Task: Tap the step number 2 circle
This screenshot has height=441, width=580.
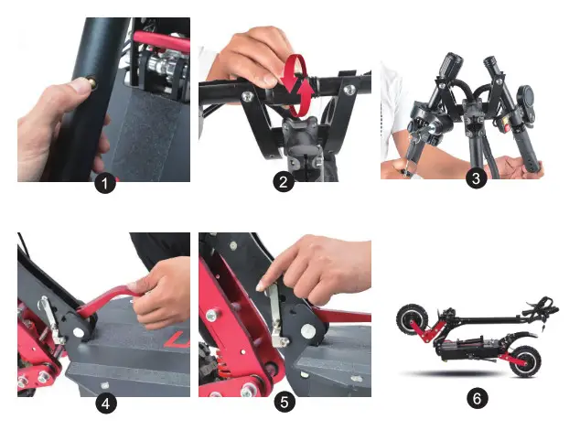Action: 284,182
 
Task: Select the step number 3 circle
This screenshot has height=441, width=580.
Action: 475,178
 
